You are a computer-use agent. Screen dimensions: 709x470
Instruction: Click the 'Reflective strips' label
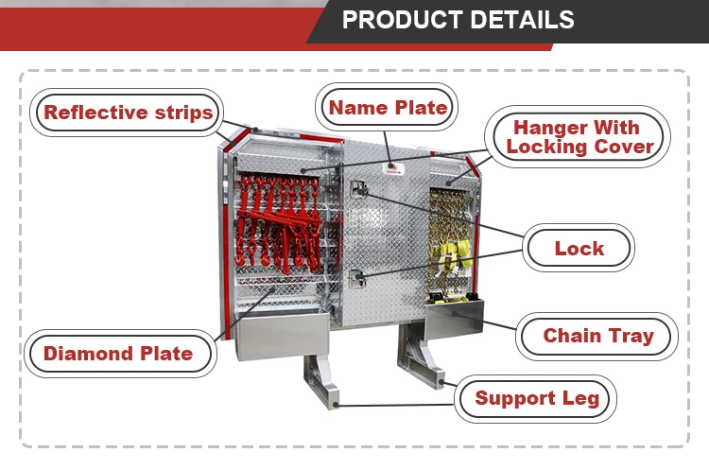pos(128,113)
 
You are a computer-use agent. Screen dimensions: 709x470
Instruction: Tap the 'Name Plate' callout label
pos(388,108)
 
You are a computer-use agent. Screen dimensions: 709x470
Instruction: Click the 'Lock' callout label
pos(579,249)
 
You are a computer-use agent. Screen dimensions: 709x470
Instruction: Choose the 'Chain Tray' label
pos(597,336)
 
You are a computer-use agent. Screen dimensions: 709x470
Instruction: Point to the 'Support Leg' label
pos(537,398)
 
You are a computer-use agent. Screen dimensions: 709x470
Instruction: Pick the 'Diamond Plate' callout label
pos(118,354)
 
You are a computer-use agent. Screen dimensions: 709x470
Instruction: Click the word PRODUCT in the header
pos(401,20)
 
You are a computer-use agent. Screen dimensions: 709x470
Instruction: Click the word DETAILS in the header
pos(521,20)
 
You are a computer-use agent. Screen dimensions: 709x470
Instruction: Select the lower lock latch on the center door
pos(357,277)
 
